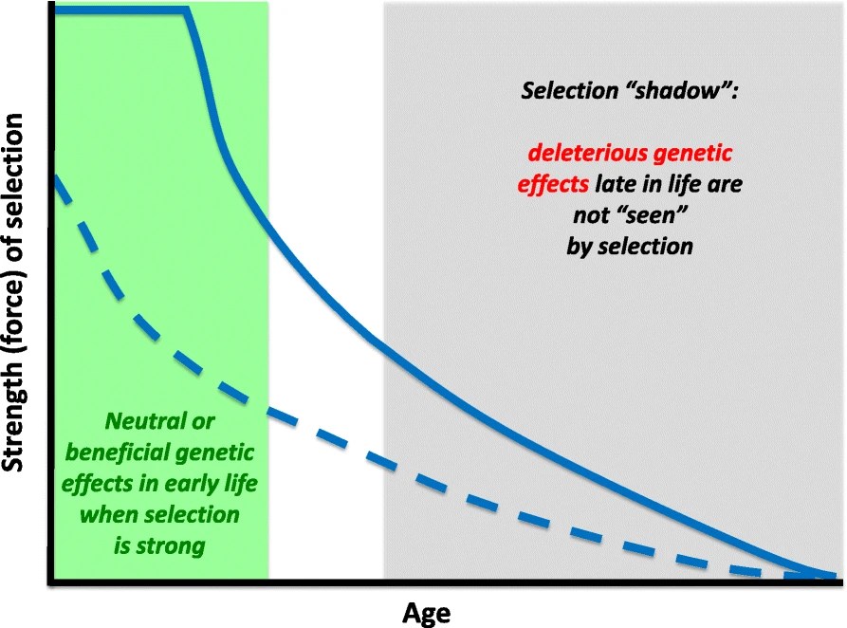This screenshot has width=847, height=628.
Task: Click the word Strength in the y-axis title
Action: [x=15, y=413]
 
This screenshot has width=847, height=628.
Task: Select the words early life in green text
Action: [x=212, y=483]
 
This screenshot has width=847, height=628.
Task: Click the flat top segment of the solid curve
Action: [x=119, y=10]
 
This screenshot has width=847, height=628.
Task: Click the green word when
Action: [x=106, y=514]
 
